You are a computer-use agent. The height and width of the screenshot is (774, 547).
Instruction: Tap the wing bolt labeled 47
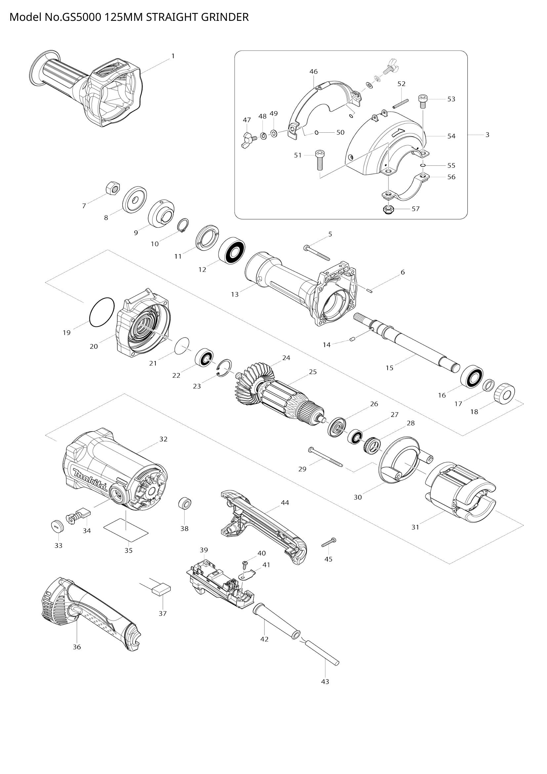point(248,139)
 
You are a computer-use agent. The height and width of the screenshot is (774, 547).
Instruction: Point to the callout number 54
point(451,136)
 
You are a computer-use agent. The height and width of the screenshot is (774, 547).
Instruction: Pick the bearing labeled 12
point(232,250)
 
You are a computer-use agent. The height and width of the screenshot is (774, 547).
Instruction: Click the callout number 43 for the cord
point(325,679)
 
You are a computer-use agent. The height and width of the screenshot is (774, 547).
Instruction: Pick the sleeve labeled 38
point(185,504)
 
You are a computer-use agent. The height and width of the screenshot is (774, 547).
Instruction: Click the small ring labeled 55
point(423,165)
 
